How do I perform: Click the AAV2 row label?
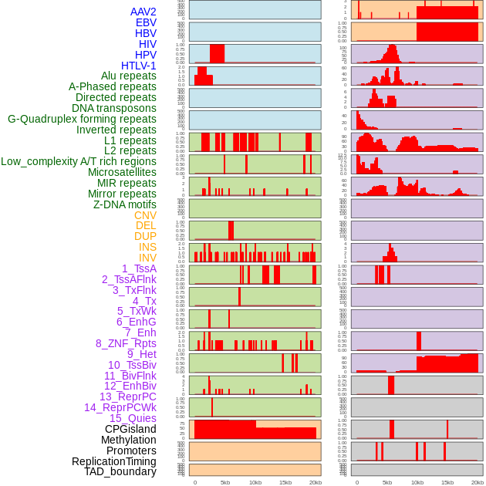click(x=143, y=12)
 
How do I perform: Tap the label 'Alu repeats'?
click(x=128, y=76)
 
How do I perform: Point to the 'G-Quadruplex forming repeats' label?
click(x=82, y=119)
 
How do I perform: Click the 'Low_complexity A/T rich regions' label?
click(x=79, y=162)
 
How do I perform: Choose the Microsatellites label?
click(x=122, y=173)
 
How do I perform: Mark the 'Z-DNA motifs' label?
click(x=124, y=204)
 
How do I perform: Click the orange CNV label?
click(x=145, y=215)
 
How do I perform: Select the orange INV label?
click(x=147, y=258)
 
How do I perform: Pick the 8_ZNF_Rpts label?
click(x=126, y=343)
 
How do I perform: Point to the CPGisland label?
click(x=130, y=429)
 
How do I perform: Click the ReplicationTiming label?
click(x=113, y=461)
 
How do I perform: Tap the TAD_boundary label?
click(x=120, y=471)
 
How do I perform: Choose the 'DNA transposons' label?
click(x=114, y=108)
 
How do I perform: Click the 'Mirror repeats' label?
click(x=122, y=194)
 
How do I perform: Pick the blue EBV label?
click(x=146, y=23)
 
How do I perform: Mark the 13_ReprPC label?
click(x=127, y=397)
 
